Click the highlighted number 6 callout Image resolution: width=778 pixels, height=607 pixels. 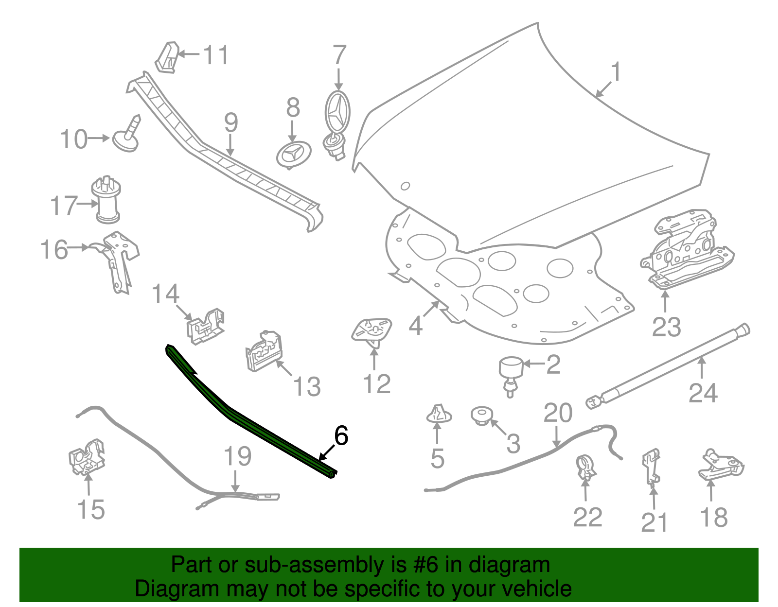pos(341,435)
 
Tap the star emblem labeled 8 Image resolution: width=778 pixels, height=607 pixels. pos(294,155)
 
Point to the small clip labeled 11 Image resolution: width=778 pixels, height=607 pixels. pos(167,57)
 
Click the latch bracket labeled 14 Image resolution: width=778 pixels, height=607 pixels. pos(206,326)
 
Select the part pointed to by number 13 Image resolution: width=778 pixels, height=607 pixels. pos(264,351)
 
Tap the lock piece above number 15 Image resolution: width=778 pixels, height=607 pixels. pos(87,457)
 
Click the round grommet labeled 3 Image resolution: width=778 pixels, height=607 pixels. pos(482,416)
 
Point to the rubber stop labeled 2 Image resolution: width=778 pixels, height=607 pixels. pos(511,376)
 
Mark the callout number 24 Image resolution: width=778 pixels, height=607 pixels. pos(703,393)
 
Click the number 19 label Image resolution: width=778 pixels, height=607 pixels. pos(237,456)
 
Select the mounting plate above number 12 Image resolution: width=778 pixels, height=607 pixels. pos(371,330)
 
